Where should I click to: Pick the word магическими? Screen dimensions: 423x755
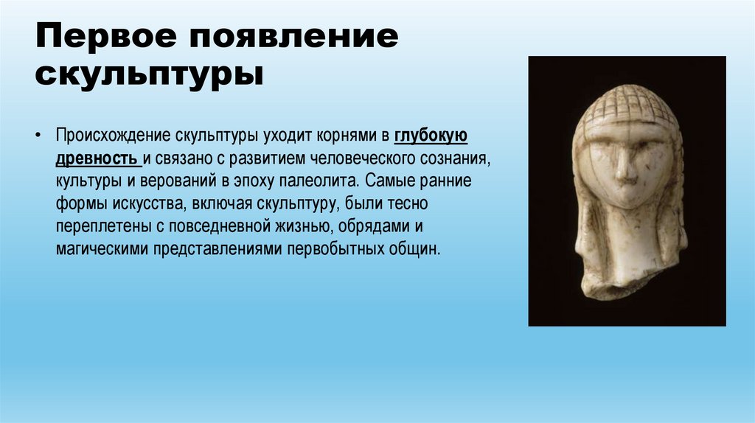(x=101, y=248)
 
